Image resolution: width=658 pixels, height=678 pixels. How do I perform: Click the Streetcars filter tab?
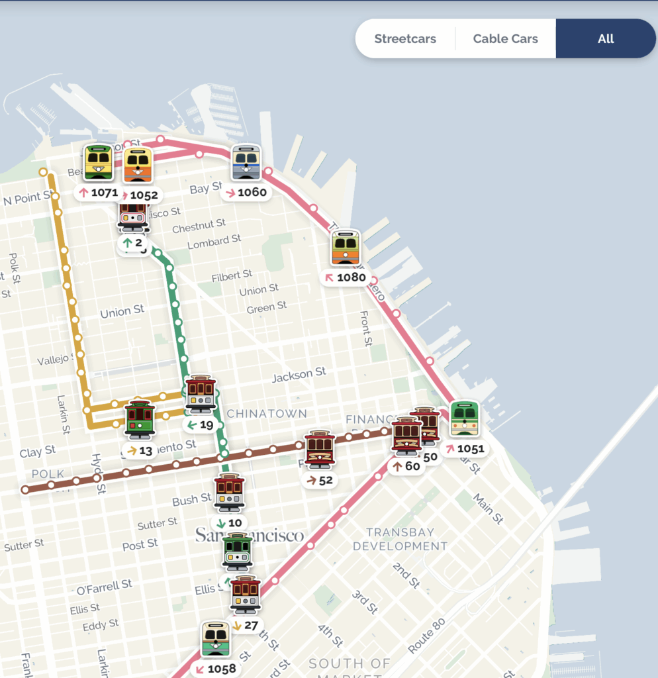click(x=405, y=38)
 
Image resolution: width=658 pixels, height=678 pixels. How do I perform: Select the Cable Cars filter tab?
click(x=505, y=38)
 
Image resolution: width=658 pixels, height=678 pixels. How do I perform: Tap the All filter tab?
click(x=606, y=38)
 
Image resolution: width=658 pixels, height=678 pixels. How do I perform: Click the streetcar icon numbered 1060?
click(x=246, y=163)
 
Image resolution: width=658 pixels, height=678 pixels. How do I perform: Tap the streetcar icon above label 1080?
click(x=346, y=248)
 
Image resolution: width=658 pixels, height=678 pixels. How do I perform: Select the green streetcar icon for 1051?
click(x=465, y=418)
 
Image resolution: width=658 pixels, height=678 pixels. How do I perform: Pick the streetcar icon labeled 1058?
click(x=216, y=640)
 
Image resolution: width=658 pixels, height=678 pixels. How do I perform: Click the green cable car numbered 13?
click(x=140, y=420)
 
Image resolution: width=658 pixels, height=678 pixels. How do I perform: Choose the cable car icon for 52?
click(x=320, y=449)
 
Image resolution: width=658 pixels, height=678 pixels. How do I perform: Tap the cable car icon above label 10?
click(x=230, y=493)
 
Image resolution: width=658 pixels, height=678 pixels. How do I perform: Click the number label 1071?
click(x=98, y=193)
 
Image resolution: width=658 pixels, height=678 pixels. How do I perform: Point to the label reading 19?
click(x=201, y=425)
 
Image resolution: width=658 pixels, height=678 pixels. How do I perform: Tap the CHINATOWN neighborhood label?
click(x=267, y=413)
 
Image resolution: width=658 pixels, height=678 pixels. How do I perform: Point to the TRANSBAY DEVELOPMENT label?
click(x=400, y=539)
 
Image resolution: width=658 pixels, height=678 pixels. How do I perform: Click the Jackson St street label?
click(x=299, y=375)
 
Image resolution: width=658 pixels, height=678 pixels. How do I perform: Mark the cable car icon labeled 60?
click(x=406, y=436)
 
